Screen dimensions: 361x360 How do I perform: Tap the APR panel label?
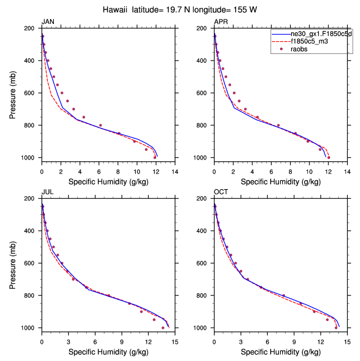coord(221,22)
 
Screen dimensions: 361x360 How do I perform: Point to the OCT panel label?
coord(221,192)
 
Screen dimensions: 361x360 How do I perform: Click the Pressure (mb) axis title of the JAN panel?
coord(13,93)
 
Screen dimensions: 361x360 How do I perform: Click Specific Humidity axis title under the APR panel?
coord(281,181)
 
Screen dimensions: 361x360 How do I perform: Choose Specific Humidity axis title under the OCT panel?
coord(281,352)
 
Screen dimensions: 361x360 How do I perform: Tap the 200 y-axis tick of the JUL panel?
coord(32,199)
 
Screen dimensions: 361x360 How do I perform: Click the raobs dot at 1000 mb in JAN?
coord(154,157)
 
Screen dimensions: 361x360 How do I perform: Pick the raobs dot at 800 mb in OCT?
coord(283,295)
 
